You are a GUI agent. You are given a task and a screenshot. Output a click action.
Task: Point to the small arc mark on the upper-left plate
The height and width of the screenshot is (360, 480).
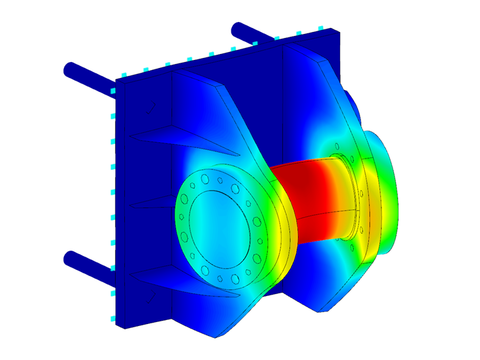pyautogui.click(x=153, y=109)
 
